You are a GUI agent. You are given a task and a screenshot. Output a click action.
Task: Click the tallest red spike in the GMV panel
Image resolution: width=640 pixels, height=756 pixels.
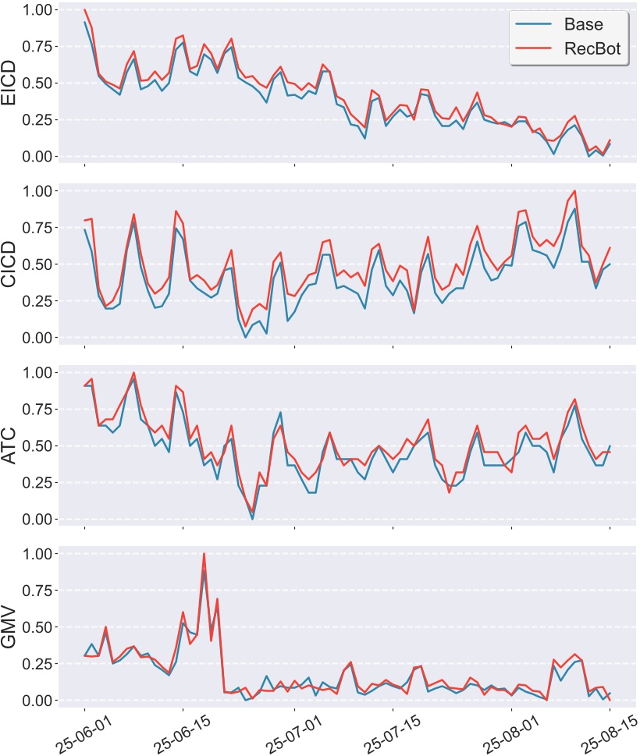pos(204,554)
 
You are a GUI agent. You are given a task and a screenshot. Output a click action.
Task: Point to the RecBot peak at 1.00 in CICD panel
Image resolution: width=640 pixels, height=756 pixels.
pos(575,190)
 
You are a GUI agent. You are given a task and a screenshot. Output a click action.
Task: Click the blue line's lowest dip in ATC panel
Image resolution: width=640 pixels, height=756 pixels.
pos(252,519)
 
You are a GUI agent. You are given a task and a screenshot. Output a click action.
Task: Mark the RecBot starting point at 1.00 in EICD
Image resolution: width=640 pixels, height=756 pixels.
pos(84,10)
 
